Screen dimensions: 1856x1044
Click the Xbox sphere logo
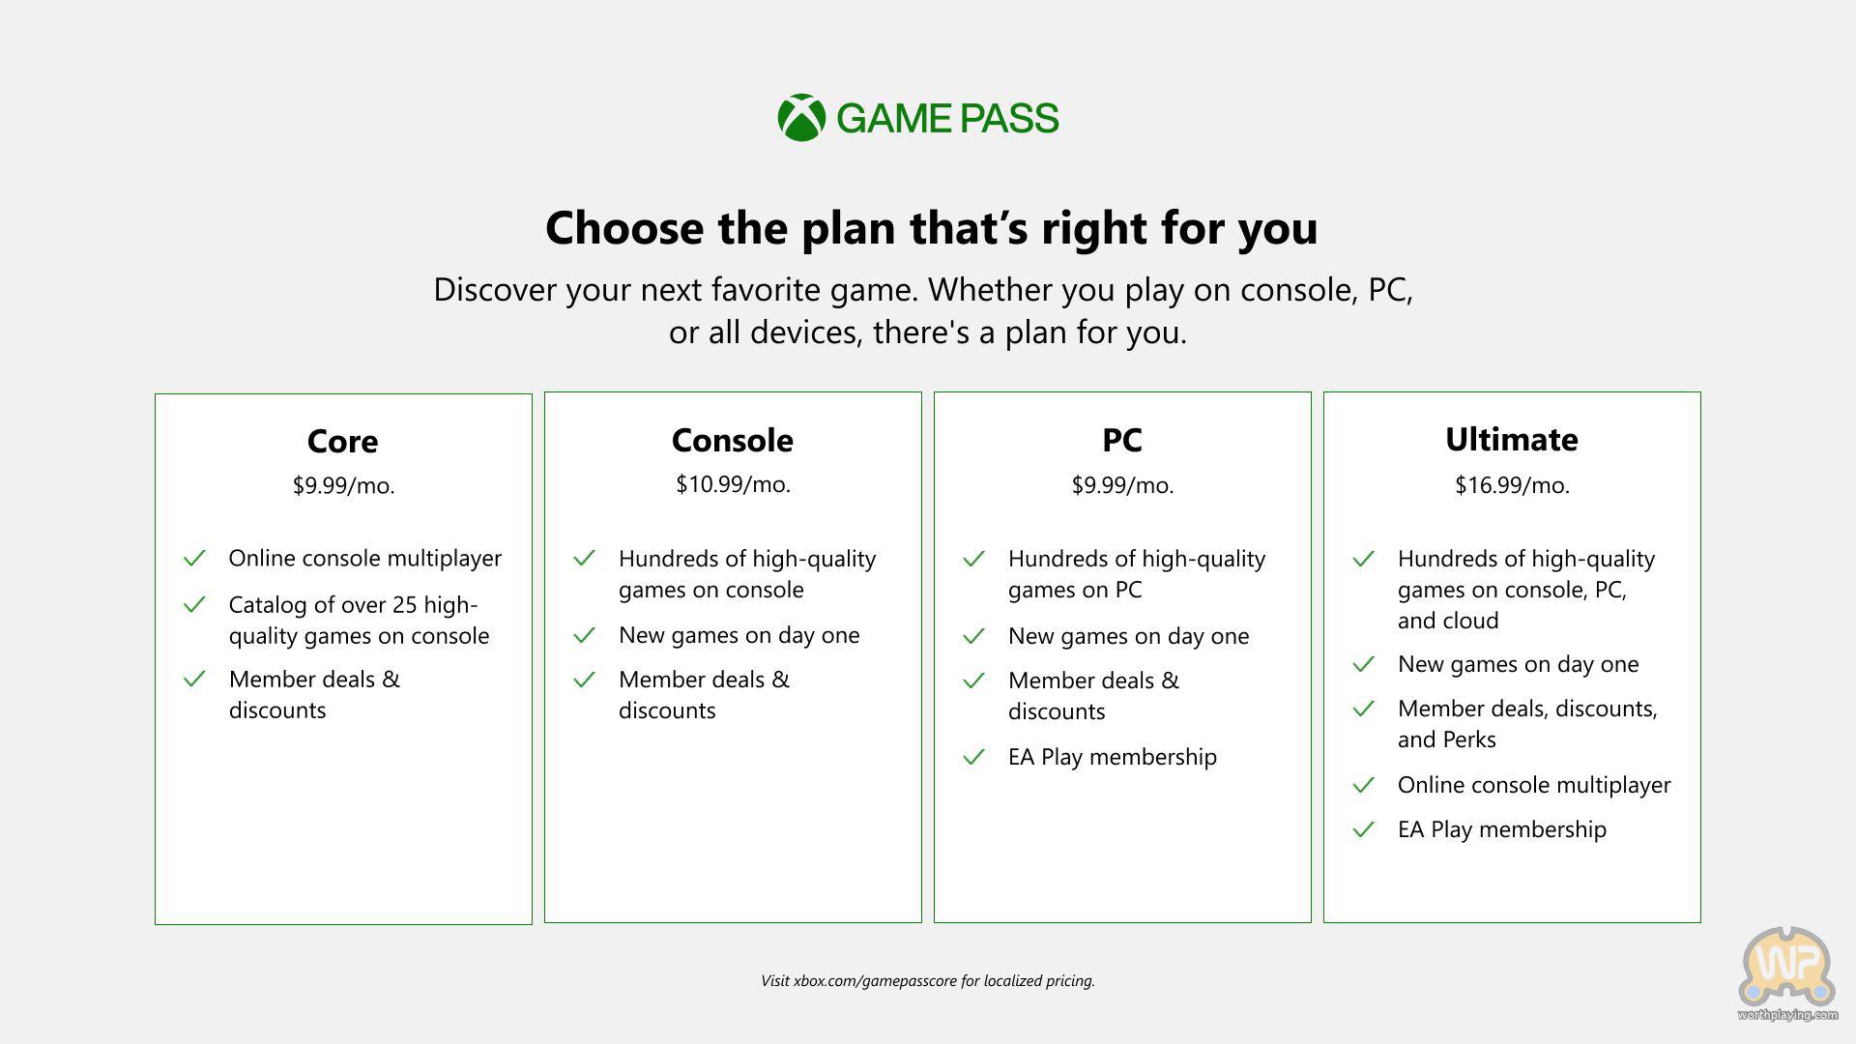[801, 118]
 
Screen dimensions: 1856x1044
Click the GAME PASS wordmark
[947, 118]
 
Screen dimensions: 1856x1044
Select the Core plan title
[342, 441]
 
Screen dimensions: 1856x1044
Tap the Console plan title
[732, 440]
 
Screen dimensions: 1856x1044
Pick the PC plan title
[1121, 440]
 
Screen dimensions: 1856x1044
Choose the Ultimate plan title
[1511, 439]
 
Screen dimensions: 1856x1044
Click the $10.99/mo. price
[733, 484]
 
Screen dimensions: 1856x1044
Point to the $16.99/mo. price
[1512, 485]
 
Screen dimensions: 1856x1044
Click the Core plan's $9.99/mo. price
[343, 485]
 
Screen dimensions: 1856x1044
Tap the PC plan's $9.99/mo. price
[1122, 485]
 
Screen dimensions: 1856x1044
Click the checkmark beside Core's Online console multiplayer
[194, 558]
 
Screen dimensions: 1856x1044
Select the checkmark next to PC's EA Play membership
[973, 756]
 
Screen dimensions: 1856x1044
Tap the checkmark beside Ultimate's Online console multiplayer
[1363, 784]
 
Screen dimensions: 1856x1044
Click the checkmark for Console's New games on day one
[584, 635]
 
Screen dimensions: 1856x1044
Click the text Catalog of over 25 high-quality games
[359, 620]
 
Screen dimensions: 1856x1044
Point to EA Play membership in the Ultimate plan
[1502, 829]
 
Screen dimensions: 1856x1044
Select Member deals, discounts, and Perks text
[1527, 724]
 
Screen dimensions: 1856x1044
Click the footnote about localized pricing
[928, 980]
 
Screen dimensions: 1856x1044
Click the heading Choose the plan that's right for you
[932, 228]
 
